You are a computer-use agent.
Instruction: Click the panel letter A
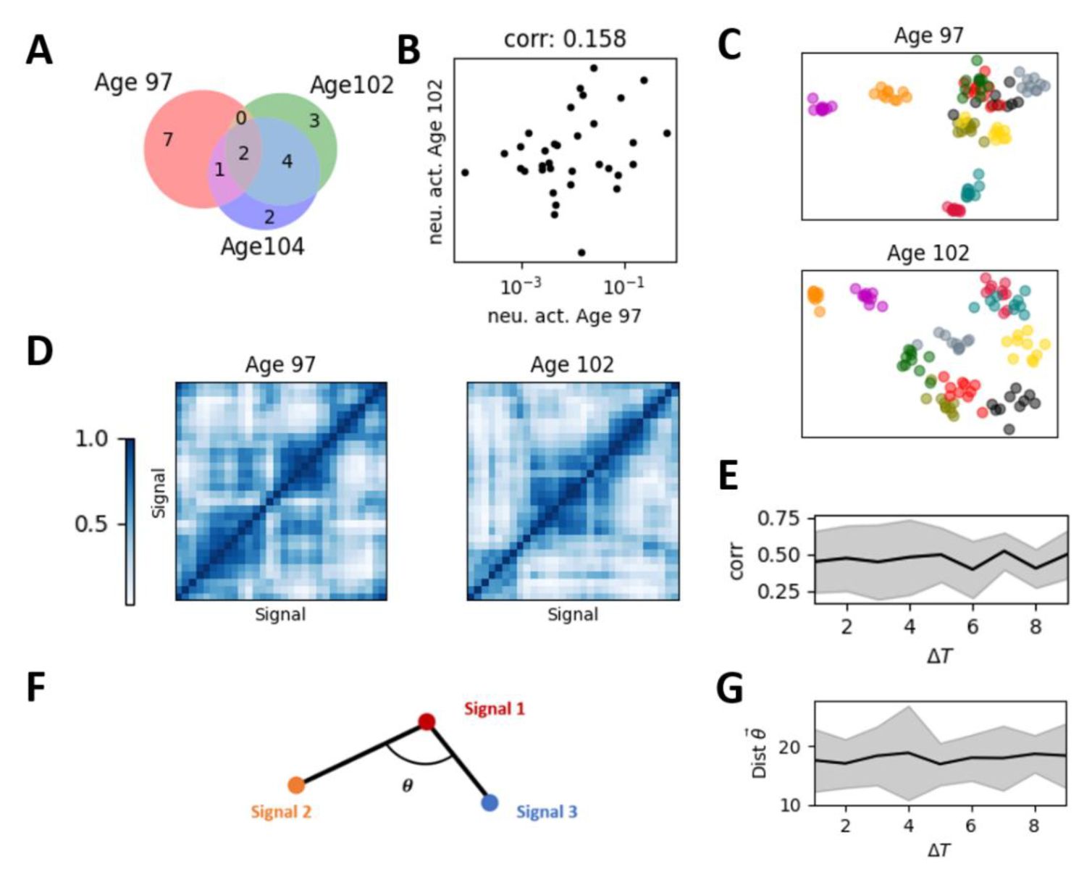pos(39,51)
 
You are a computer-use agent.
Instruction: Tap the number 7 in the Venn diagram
pos(167,139)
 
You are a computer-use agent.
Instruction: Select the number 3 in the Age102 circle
pos(314,120)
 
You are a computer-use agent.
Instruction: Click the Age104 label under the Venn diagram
pos(262,247)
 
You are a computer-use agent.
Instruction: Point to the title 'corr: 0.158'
pos(565,38)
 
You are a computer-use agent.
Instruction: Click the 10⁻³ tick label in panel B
pos(521,287)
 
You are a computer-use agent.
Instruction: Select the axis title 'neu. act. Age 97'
pos(564,316)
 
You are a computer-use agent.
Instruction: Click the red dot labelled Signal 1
pos(427,721)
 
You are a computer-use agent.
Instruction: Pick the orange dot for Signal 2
pos(295,784)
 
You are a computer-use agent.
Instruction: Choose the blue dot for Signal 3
pos(490,802)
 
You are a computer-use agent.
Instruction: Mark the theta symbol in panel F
pos(408,786)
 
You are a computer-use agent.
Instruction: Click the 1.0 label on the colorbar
pos(91,439)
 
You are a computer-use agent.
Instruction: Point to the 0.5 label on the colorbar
pos(91,524)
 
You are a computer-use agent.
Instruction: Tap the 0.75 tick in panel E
pos(779,519)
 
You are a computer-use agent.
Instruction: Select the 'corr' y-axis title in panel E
pos(736,561)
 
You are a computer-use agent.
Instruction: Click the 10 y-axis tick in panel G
pos(791,805)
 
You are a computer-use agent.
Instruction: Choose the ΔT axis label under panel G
pos(939,850)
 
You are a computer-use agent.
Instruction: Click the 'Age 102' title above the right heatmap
pos(572,364)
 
